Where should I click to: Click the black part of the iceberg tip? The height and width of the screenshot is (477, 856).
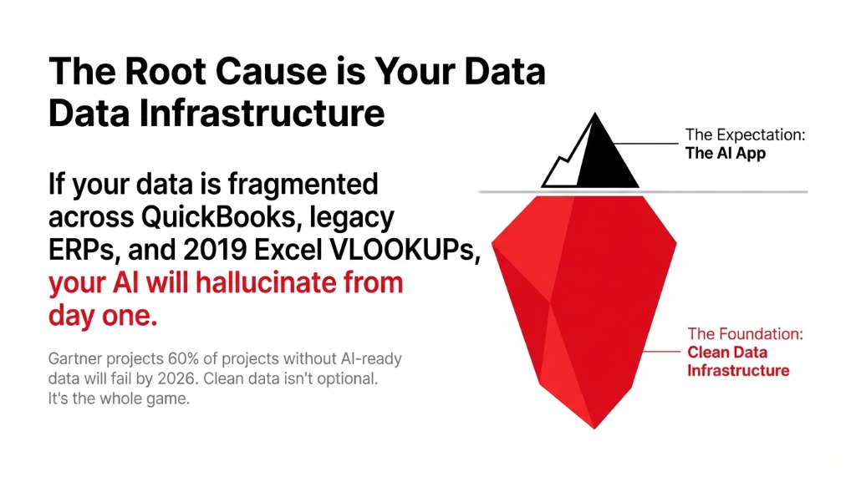click(x=608, y=159)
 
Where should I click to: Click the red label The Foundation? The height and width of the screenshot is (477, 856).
click(x=745, y=333)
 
